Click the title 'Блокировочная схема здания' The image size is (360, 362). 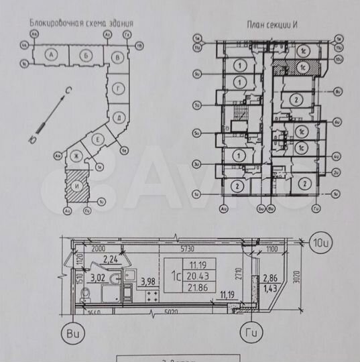point(80,22)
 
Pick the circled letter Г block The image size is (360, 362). point(118,88)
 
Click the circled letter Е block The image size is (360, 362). point(98,139)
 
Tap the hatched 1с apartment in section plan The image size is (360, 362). point(304,66)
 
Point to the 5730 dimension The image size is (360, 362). point(176,238)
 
